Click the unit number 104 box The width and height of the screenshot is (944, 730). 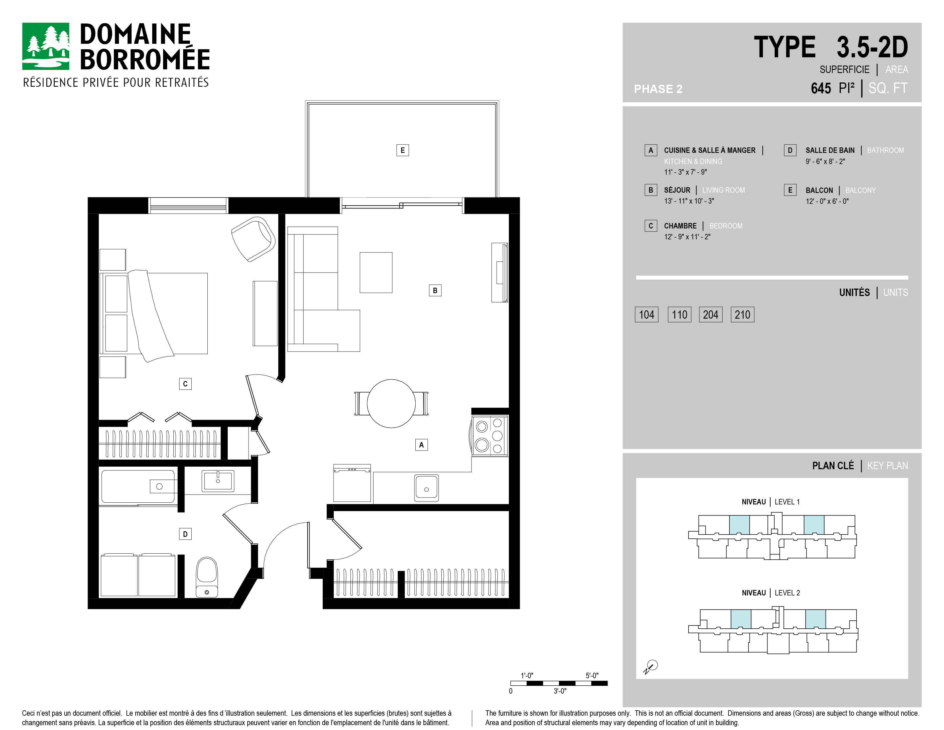coord(646,314)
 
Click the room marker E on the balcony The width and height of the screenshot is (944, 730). coord(402,150)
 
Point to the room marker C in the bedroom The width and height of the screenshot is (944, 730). coord(185,384)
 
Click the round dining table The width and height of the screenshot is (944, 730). coord(391,403)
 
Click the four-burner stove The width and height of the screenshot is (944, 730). coord(490,435)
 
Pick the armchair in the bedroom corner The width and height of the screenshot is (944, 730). coord(253,239)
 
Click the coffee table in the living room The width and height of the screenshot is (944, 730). coord(376,273)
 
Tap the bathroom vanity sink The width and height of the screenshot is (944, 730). coord(218,480)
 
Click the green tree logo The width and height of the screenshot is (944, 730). coord(46,46)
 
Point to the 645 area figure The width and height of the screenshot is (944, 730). coord(821,88)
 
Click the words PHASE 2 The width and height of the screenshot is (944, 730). coord(658,89)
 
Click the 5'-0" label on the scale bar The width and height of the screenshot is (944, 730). coord(592,676)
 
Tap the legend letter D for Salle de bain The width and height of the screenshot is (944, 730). coord(790,150)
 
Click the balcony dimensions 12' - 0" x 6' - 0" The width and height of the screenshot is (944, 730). coord(827,201)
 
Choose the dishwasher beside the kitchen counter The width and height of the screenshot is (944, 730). coord(352,483)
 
